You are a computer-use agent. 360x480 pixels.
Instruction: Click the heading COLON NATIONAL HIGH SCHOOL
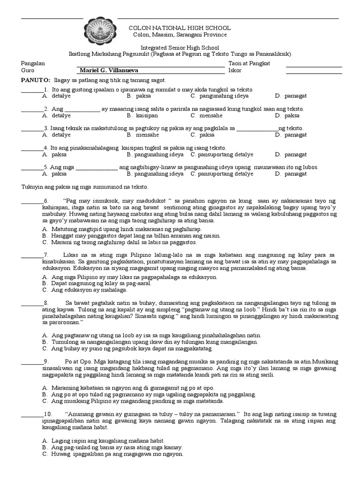pos(180,28)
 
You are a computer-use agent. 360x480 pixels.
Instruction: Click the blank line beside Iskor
pos(314,71)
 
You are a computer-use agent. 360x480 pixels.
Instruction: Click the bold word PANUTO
pos(36,81)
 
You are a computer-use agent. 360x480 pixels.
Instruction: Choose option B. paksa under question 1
pos(139,96)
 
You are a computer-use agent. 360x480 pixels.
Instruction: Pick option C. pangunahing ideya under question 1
pos(219,96)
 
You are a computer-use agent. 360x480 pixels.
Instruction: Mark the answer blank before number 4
pos(31,148)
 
